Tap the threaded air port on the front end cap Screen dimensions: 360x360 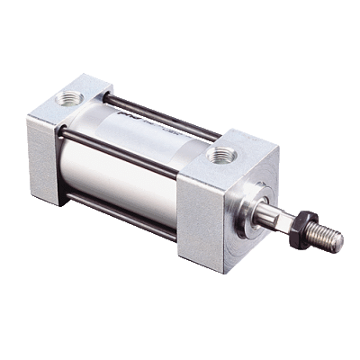coord(220,156)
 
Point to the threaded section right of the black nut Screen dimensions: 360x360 coord(327,238)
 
